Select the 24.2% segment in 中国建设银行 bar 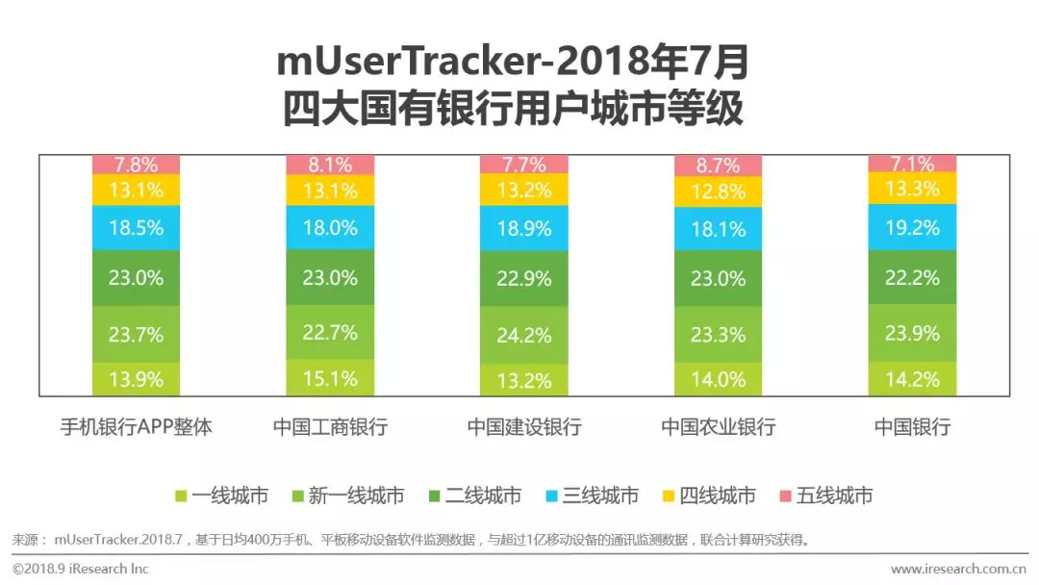point(523,336)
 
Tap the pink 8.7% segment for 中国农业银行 point(718,165)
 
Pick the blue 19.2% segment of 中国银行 point(912,227)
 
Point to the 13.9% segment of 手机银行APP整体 point(136,379)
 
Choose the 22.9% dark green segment point(523,278)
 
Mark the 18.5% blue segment point(136,228)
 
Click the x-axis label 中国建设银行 point(524,427)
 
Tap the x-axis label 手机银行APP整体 point(136,427)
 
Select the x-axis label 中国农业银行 point(718,427)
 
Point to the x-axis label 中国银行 point(912,427)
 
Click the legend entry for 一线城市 point(221,496)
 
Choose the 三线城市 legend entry point(591,496)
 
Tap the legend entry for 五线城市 point(825,496)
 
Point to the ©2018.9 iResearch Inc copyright point(81,569)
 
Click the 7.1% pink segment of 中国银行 point(912,163)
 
